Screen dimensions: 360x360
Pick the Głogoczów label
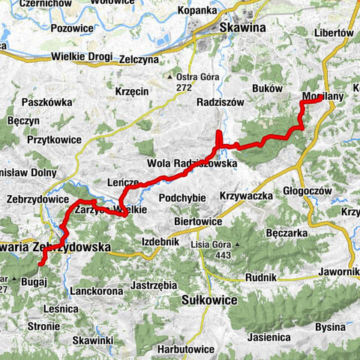[308, 191]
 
